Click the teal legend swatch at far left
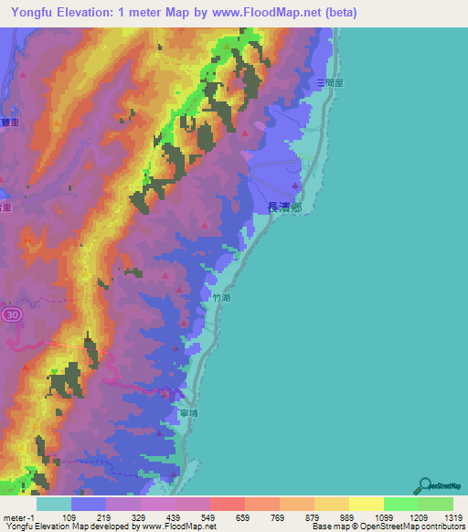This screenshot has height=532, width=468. pos(54,504)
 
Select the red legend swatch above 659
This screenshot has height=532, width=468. pos(228,504)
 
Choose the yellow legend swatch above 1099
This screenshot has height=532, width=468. pos(367,504)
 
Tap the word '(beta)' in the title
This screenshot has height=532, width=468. pos(339,13)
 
